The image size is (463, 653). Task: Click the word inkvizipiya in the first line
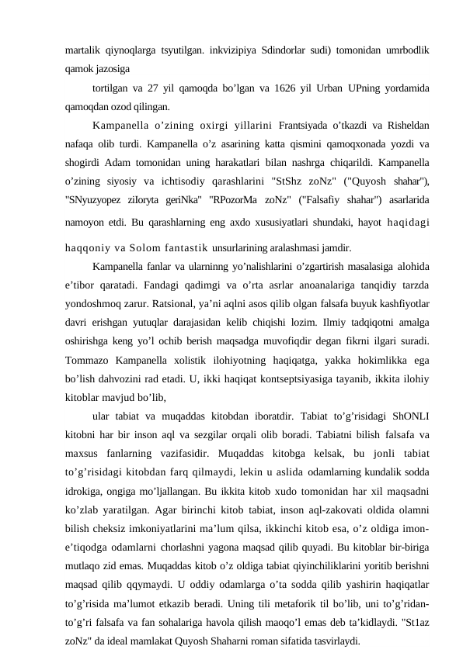tap(231, 50)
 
